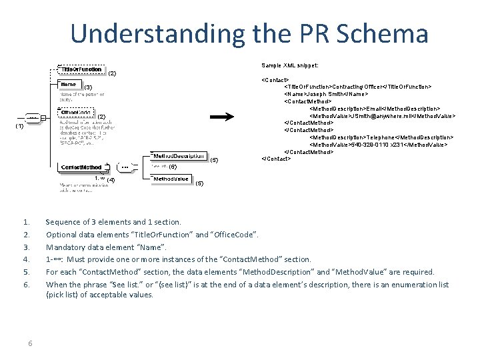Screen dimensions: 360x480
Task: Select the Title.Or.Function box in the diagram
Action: (81, 69)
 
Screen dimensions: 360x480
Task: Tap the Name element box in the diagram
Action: (69, 85)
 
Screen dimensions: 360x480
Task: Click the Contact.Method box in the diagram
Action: (81, 167)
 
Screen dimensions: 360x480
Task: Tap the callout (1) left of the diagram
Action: (20, 126)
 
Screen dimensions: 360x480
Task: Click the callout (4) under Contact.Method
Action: (111, 180)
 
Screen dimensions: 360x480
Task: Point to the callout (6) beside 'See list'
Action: (173, 167)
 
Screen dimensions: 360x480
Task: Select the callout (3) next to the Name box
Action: (87, 87)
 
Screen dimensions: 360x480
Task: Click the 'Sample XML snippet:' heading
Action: (289, 65)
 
